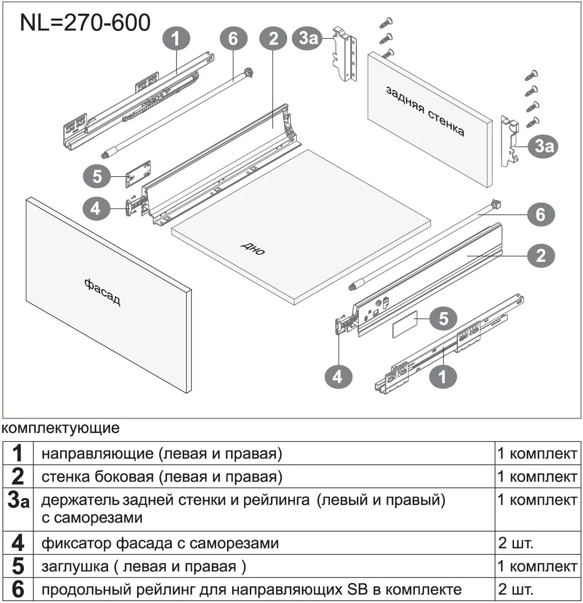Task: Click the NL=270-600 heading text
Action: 85,22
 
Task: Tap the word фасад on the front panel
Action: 102,292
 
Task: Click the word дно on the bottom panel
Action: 253,248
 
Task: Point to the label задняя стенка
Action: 425,111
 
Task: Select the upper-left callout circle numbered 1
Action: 176,39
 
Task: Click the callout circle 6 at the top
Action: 233,38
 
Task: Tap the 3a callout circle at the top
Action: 308,38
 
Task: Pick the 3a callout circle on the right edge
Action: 544,146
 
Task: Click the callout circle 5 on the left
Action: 97,176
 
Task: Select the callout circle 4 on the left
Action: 96,209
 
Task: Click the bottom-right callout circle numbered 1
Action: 443,377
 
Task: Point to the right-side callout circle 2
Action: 541,256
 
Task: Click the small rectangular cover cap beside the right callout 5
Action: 405,324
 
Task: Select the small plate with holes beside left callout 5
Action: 138,173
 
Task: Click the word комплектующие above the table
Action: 61,428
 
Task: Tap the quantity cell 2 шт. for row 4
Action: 516,543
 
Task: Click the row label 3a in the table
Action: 18,501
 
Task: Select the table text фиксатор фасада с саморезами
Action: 160,543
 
